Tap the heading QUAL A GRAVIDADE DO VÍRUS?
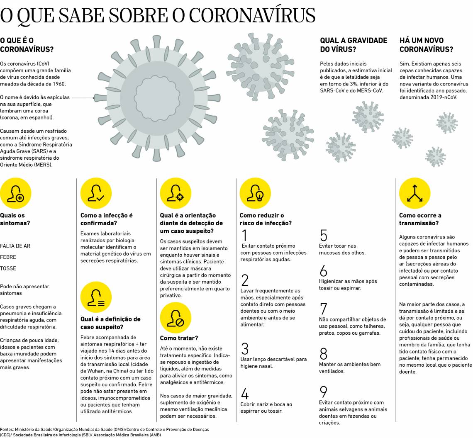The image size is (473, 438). coord(354,45)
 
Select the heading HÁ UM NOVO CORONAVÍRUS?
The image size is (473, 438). coord(426,45)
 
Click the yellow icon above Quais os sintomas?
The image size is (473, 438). coord(16,194)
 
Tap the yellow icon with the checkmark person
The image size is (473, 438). coord(96,194)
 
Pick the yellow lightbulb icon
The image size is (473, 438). coord(255,194)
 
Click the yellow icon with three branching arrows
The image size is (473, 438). coord(414,194)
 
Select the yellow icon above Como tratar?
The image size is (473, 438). coord(176,318)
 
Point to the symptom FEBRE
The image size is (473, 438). coord(8,257)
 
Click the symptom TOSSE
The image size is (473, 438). coord(8,268)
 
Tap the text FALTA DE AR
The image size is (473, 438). coord(15,246)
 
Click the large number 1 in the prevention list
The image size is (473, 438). coord(244,235)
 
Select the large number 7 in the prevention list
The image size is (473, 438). coord(324,309)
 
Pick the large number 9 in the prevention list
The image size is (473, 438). coord(324,392)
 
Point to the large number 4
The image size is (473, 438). coord(244,394)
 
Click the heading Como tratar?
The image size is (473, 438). coord(179,338)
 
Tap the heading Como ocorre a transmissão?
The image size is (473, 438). coord(420,219)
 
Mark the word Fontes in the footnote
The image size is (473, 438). coord(7,429)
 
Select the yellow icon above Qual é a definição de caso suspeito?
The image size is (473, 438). coord(96,297)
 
